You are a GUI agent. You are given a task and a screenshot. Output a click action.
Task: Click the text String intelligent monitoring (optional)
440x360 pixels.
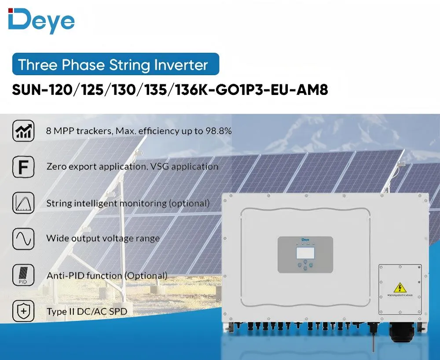[128, 203]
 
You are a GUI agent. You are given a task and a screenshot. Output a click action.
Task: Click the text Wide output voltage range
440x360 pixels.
[103, 239]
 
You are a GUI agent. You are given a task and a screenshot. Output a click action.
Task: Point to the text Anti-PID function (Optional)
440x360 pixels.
[107, 276]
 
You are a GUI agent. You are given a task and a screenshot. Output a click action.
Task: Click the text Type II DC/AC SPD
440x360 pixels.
[89, 312]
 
